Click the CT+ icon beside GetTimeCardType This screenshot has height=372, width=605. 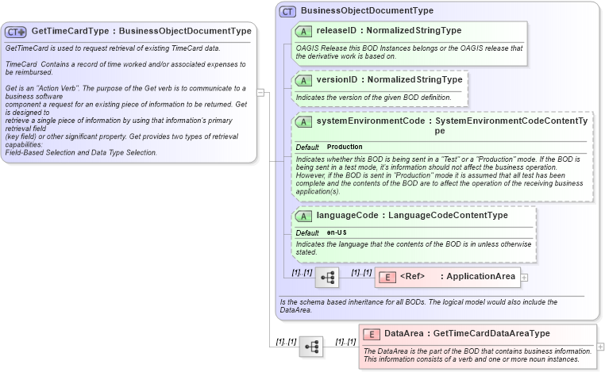point(16,32)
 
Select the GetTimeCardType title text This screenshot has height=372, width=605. point(141,32)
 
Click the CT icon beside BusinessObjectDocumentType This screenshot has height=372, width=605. point(287,12)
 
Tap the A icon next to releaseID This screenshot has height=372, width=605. point(302,31)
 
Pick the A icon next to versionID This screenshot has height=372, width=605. point(302,80)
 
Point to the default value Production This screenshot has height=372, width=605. point(345,147)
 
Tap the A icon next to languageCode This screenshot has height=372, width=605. point(302,216)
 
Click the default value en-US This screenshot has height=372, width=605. point(337,232)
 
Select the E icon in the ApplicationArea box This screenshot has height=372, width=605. point(387,277)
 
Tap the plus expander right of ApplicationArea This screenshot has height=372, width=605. point(524,277)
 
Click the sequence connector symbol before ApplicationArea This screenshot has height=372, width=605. point(326,278)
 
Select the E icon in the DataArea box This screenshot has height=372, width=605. point(372,334)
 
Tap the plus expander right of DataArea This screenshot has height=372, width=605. point(600,347)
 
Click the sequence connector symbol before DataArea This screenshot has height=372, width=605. point(310,347)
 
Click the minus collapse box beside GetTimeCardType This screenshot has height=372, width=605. point(261,93)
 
